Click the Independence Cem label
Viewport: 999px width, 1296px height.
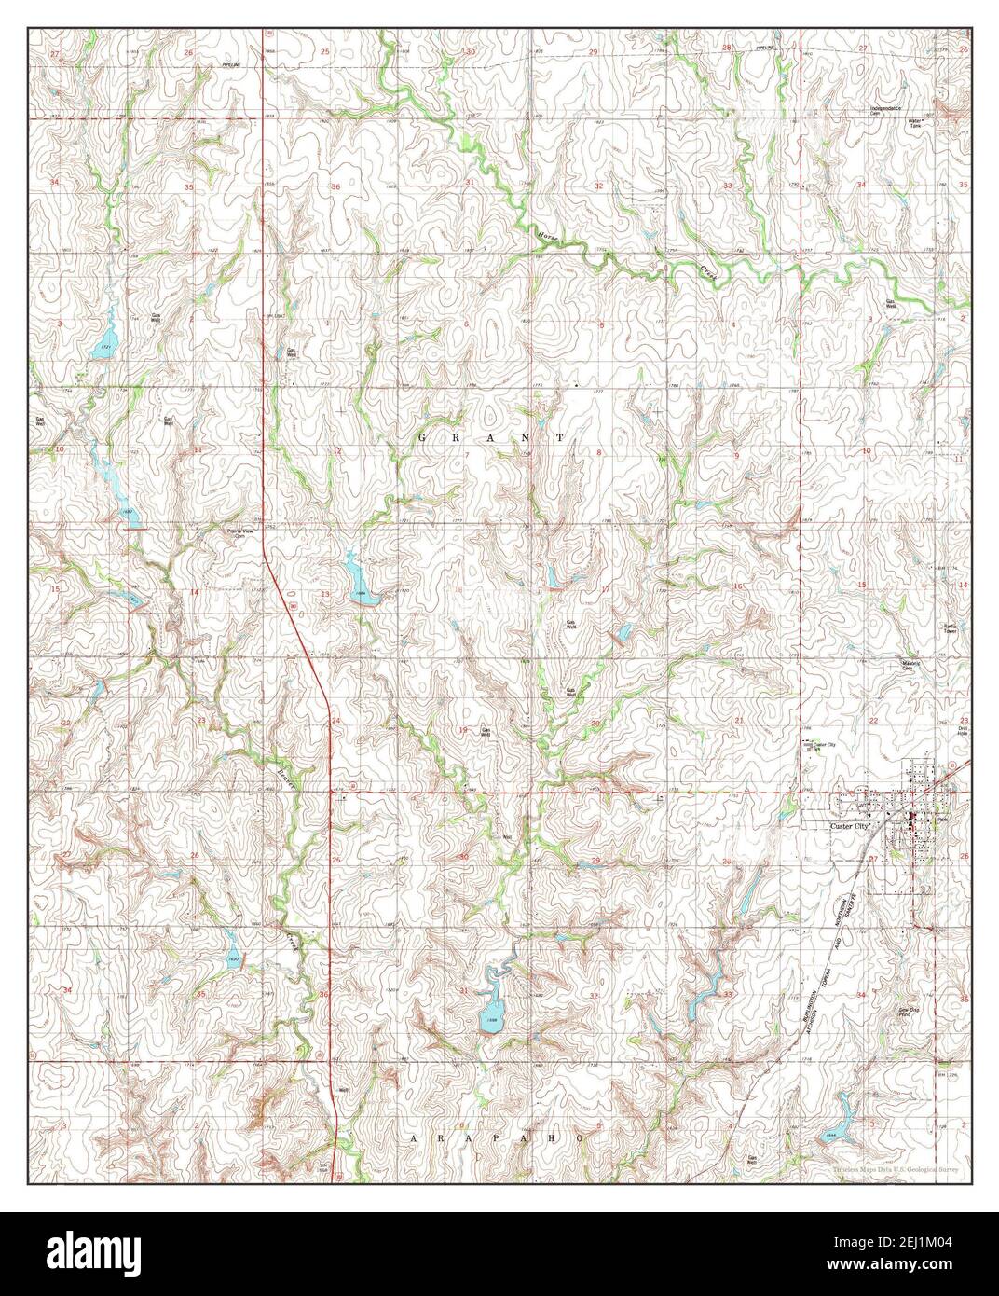tap(890, 111)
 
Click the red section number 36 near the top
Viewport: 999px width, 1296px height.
tap(335, 187)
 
